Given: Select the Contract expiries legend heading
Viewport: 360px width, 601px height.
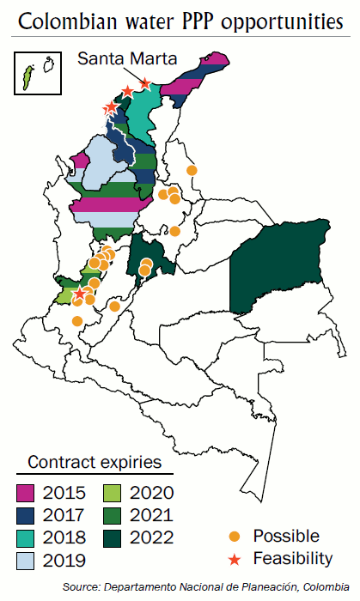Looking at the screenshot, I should coord(95,462).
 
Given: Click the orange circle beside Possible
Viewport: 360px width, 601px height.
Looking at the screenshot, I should coord(235,537).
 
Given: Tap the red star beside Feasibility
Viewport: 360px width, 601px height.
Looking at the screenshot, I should coord(235,559).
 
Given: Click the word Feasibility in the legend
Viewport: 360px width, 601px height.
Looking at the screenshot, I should coord(292,559).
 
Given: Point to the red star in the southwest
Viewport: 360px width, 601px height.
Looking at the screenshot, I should coord(80,294).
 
